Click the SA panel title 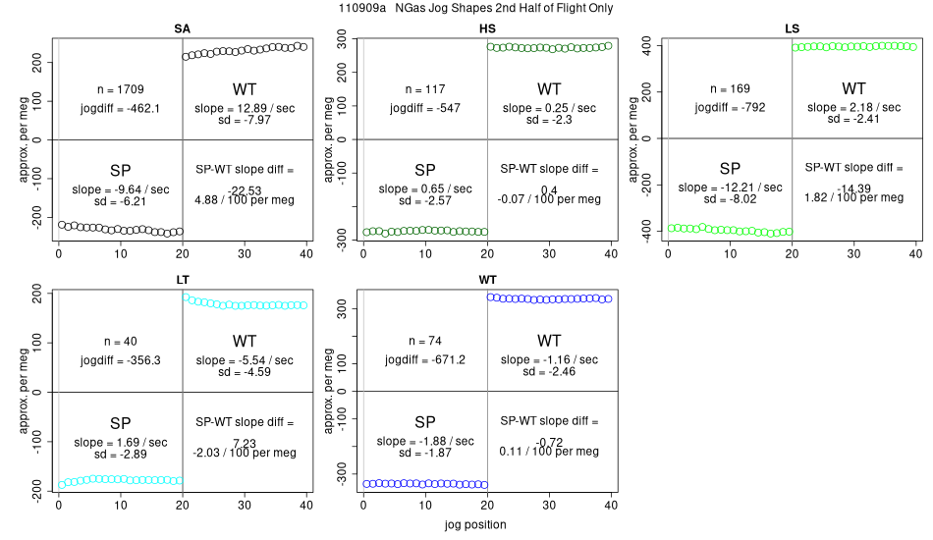183,28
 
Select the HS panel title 487,28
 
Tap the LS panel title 792,28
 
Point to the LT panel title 183,281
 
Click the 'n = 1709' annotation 120,89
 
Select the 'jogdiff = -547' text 424,107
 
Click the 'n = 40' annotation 120,342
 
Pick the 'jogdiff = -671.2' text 424,359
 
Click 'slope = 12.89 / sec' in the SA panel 245,107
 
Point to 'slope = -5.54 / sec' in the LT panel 245,360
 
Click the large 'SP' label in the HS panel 424,169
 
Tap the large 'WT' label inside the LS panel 853,89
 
